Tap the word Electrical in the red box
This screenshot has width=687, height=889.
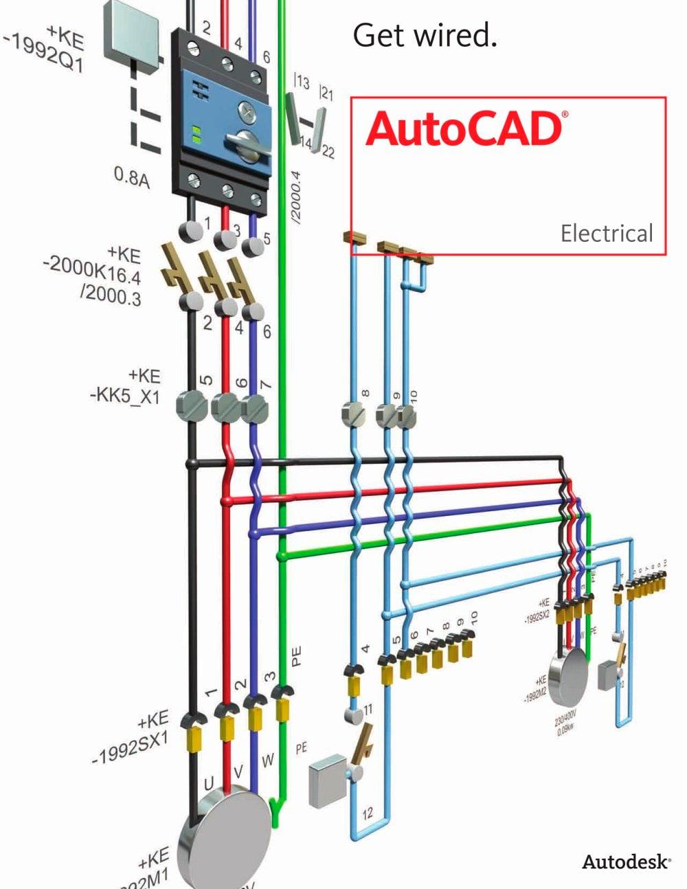tap(606, 234)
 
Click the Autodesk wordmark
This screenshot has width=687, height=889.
tap(626, 862)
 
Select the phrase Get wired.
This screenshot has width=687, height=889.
tap(425, 34)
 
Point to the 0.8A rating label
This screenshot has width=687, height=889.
tap(131, 177)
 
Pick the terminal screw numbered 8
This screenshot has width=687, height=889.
tap(355, 414)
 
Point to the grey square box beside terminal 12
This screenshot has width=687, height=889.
tap(328, 779)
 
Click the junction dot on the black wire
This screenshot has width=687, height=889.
tap(193, 465)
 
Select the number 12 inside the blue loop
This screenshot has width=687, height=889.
tap(368, 813)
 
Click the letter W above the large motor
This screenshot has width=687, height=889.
tap(268, 761)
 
